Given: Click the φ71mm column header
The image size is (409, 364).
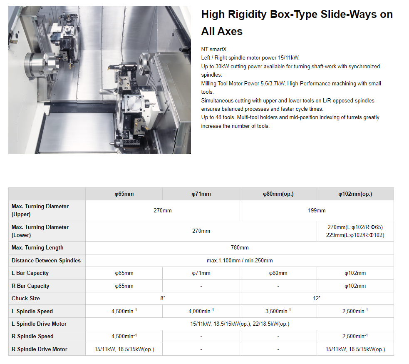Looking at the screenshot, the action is pyautogui.click(x=201, y=194).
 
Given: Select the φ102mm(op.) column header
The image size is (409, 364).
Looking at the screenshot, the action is pyautogui.click(x=355, y=194).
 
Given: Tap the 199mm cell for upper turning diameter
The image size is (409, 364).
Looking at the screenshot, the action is pyautogui.click(x=317, y=210).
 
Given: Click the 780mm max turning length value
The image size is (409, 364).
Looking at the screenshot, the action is pyautogui.click(x=240, y=247).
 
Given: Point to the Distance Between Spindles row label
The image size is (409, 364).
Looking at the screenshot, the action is pyautogui.click(x=46, y=260).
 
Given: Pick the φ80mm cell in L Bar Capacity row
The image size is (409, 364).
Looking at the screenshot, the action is pyautogui.click(x=278, y=273).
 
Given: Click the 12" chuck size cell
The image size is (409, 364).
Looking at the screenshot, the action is pyautogui.click(x=317, y=298).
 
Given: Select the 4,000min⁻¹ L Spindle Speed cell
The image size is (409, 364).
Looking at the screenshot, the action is pyautogui.click(x=201, y=311).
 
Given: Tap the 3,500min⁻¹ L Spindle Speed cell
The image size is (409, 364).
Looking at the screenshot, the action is pyautogui.click(x=278, y=311).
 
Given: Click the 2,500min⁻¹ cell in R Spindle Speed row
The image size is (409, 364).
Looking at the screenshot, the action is pyautogui.click(x=355, y=336).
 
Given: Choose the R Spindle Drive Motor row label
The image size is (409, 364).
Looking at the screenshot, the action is pyautogui.click(x=40, y=349).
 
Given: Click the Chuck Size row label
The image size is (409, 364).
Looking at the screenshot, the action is pyautogui.click(x=25, y=298).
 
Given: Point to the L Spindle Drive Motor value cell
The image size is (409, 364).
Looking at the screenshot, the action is pyautogui.click(x=240, y=324).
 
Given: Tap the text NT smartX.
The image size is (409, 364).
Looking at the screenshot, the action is pyautogui.click(x=214, y=49).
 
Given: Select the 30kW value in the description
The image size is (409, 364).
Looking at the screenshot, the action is pyautogui.click(x=222, y=66).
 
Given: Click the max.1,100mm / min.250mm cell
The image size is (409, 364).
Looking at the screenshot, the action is pyautogui.click(x=240, y=260).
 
